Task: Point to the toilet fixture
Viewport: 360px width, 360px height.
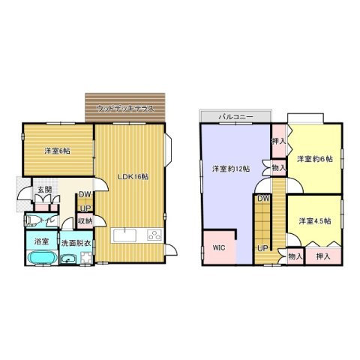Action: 33,220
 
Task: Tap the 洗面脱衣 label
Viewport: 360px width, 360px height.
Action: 76,243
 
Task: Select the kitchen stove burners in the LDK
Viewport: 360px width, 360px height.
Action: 155,235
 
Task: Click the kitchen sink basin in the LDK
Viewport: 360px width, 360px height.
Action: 124,235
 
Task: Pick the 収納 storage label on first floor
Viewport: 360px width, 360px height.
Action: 85,220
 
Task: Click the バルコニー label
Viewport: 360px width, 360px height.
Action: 235,118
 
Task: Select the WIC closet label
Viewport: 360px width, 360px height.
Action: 219,246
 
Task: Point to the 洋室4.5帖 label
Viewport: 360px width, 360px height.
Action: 314,220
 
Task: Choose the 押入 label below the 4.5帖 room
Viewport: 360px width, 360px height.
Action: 323,256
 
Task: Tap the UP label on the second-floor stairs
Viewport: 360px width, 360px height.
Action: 263,249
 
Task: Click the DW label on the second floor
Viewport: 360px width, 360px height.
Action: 263,198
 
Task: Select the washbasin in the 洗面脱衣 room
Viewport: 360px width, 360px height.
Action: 70,259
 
